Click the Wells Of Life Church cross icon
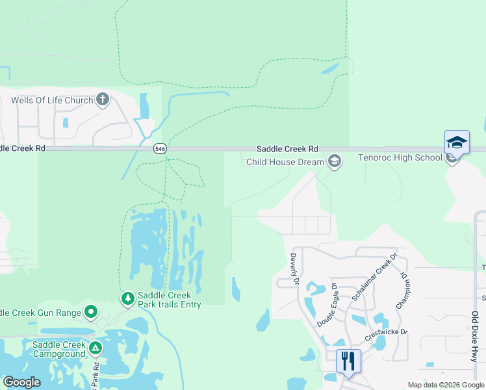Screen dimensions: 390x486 102,100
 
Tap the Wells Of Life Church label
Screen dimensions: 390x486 52,101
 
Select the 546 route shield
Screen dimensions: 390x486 160,149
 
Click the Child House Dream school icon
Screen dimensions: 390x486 334,161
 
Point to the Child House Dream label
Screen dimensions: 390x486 285,162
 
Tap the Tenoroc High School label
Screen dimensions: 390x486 400,158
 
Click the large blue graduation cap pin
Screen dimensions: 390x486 457,143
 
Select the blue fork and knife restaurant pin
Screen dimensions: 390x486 348,361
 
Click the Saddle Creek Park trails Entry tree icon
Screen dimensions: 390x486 128,298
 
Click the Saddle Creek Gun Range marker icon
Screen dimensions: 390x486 92,313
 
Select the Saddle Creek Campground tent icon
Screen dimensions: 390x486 96,348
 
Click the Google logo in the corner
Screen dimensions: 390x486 21,382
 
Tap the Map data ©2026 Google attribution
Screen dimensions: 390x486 446,385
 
